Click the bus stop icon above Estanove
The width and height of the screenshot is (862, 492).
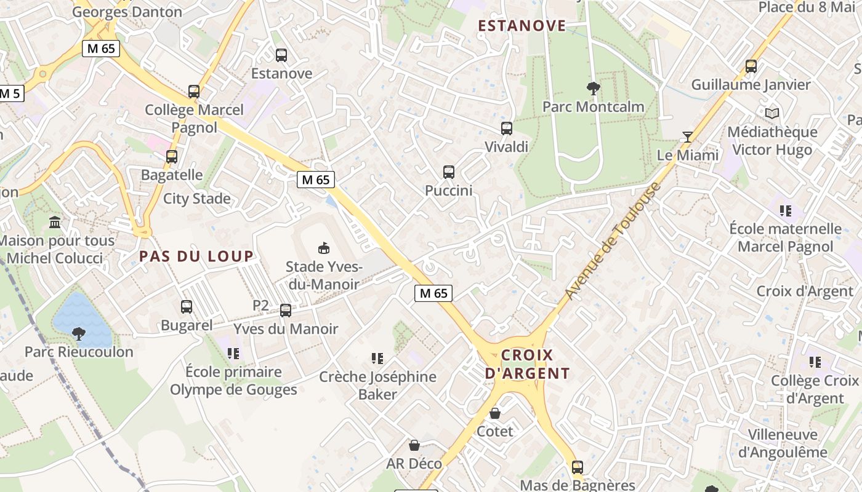pos(281,55)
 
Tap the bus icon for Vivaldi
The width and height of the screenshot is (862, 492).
pos(507,129)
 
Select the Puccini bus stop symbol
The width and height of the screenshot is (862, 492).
pos(449,172)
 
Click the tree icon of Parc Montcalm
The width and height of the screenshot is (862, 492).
pos(594,89)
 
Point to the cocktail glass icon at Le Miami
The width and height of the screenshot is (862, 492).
pos(688,137)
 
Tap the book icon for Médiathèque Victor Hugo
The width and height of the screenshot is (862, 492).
pos(772,114)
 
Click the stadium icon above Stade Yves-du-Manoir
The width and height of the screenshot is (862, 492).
pos(323,248)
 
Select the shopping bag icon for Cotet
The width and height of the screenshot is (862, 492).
pos(495,413)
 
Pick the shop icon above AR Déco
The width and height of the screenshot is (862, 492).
pos(414,445)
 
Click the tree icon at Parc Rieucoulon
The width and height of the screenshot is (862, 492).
pos(79,334)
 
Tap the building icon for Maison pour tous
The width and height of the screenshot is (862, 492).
pos(55,222)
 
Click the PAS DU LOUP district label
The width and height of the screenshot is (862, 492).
pos(196,256)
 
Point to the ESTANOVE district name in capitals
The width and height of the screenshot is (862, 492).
pos(522,26)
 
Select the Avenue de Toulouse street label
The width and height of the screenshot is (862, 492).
pos(613,242)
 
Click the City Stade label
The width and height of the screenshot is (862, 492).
pos(197,199)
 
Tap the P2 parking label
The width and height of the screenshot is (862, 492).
pos(261,305)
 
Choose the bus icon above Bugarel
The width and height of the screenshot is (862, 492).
pos(186,306)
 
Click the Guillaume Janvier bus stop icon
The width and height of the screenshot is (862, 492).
pos(751,66)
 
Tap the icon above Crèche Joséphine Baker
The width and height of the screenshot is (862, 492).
pos(377,358)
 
